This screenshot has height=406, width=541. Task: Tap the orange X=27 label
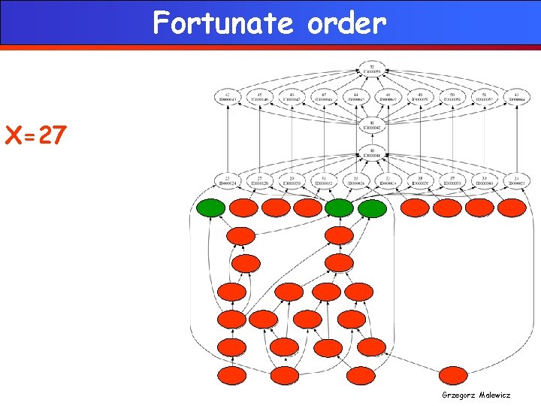click(x=36, y=136)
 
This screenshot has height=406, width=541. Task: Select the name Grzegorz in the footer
click(x=459, y=395)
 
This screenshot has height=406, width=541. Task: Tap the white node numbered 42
click(x=227, y=97)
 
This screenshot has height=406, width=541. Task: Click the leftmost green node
click(x=211, y=208)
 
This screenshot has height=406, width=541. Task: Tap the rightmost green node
click(x=371, y=208)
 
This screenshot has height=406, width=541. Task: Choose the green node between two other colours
click(x=339, y=208)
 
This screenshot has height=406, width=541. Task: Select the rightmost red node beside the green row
click(x=512, y=208)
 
